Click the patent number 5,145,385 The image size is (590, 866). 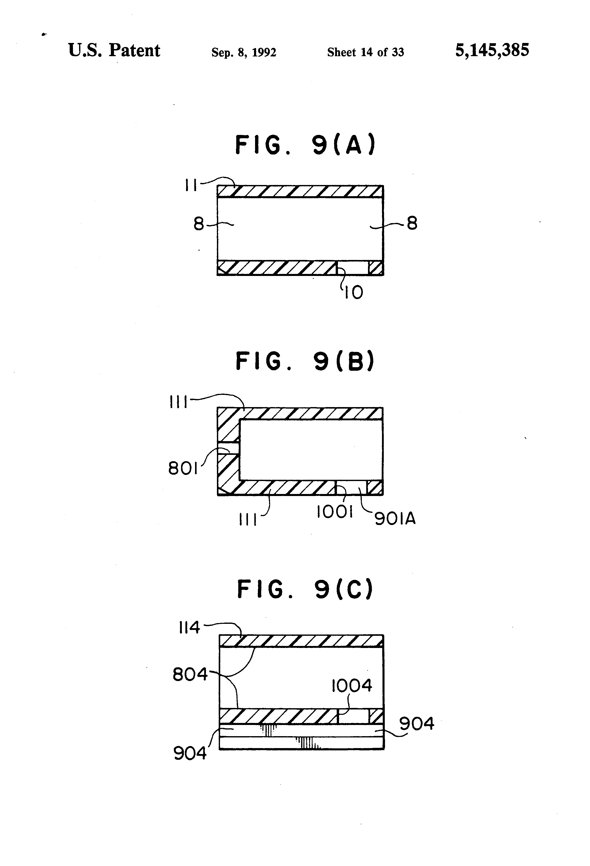tap(492, 50)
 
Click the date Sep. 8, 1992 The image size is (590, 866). tap(244, 52)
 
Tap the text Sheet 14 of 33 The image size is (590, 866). tap(365, 52)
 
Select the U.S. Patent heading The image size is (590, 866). tap(114, 50)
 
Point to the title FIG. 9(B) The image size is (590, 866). tap(305, 361)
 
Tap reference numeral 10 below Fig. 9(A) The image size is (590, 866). tap(353, 292)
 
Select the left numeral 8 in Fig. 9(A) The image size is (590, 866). tap(199, 224)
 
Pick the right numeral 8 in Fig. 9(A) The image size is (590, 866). tap(412, 224)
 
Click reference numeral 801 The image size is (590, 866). tap(183, 468)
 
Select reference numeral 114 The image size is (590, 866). tap(189, 628)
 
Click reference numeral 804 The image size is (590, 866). tap(190, 674)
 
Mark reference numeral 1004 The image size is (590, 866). tap(352, 686)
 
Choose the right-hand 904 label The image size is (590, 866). tap(417, 724)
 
